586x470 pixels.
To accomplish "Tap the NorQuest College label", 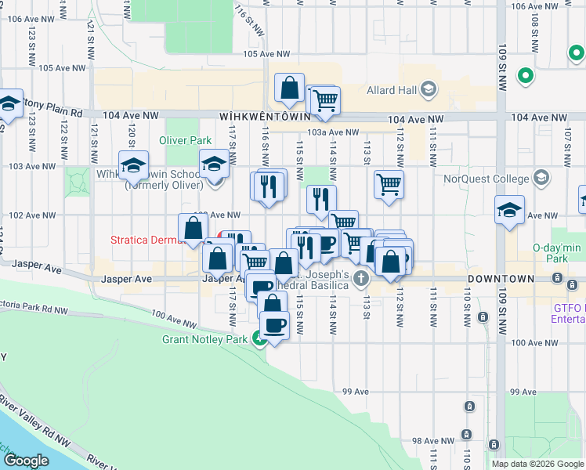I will [x=489, y=179].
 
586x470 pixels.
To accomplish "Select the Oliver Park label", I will [x=186, y=140].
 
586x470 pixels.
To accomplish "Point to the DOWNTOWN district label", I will [x=501, y=279].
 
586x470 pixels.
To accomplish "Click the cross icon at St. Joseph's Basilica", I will [x=361, y=278].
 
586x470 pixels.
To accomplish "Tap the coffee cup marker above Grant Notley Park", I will [x=274, y=324].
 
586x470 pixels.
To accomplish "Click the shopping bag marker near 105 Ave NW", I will [x=289, y=89].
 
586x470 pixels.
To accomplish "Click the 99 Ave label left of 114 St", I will [x=355, y=392].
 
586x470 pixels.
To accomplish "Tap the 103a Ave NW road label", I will [x=333, y=132].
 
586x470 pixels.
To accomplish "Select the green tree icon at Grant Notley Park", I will [x=259, y=339].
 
